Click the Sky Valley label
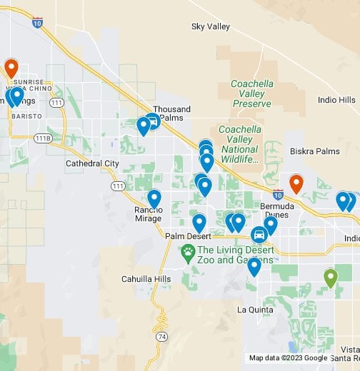[x=211, y=26]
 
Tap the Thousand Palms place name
[x=172, y=113]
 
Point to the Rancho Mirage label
[x=149, y=214]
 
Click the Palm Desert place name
[x=185, y=236]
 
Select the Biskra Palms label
[x=314, y=152]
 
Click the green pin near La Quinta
[x=330, y=277]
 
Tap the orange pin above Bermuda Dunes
[x=296, y=183]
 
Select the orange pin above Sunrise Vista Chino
[x=11, y=67]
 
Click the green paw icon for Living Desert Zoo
[x=189, y=250]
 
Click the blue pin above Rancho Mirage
[x=154, y=198]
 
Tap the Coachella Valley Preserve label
[x=251, y=93]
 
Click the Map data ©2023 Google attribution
[x=288, y=358]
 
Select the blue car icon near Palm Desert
[x=259, y=234]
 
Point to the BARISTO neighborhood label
[x=28, y=116]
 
